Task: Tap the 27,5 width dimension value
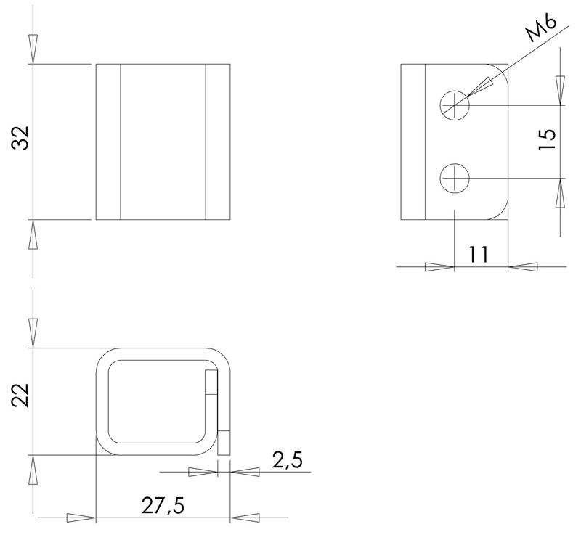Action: tap(163, 505)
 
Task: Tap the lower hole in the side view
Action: tap(455, 178)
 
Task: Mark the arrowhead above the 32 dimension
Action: tap(32, 48)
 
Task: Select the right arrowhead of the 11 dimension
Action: tap(524, 266)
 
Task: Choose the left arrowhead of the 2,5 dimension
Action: tap(202, 472)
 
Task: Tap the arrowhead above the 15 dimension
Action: tap(560, 89)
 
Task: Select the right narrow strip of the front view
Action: tap(218, 142)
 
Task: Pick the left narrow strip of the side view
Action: tap(413, 142)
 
